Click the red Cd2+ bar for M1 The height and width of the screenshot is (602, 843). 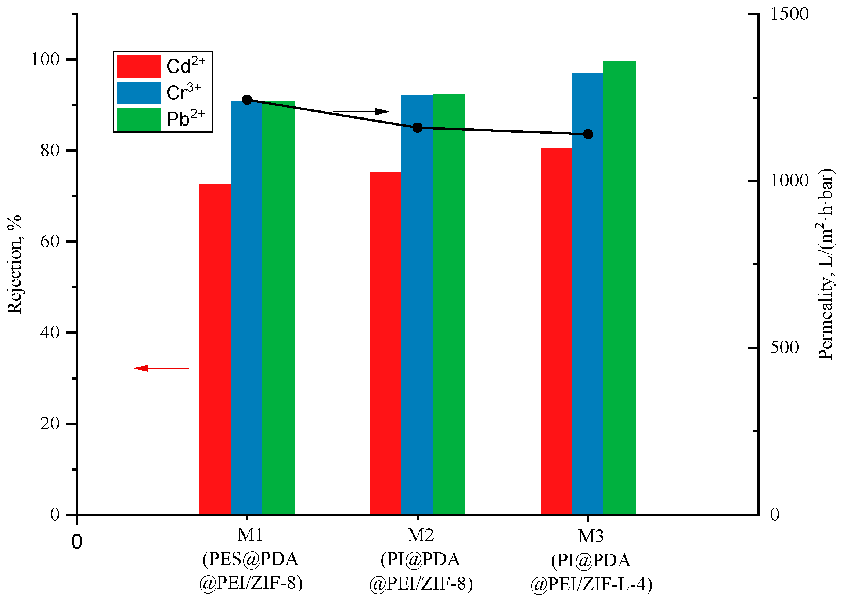click(x=215, y=348)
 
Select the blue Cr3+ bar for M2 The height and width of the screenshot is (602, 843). click(x=417, y=304)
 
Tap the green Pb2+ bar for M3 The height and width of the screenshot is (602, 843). click(x=619, y=287)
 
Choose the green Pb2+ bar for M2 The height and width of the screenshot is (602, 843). click(x=449, y=304)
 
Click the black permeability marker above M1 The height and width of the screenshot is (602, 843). click(x=247, y=99)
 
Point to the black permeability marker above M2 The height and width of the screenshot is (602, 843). click(x=418, y=127)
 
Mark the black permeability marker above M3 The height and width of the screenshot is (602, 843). click(x=588, y=134)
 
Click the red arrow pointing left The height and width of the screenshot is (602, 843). click(x=161, y=368)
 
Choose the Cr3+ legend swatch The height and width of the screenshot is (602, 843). click(x=139, y=93)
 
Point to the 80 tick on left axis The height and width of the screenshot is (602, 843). click(x=50, y=150)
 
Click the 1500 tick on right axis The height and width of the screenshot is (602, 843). click(x=789, y=14)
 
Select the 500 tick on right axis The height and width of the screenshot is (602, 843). click(x=784, y=348)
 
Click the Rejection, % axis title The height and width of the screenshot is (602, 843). click(x=15, y=264)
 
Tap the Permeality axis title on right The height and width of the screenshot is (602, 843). click(x=826, y=264)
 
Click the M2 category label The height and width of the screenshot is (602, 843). click(x=420, y=535)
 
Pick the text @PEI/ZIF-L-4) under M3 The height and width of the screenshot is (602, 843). click(x=591, y=585)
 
